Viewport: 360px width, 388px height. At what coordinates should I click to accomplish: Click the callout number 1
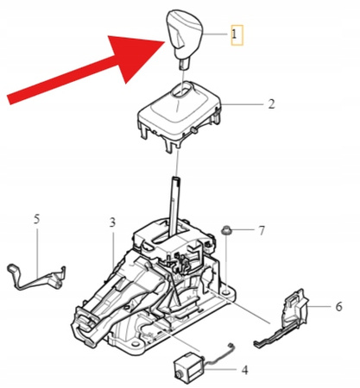(x=235, y=35)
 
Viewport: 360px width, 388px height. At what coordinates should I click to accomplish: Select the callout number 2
(x=270, y=104)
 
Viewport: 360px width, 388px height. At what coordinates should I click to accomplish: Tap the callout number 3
(x=112, y=222)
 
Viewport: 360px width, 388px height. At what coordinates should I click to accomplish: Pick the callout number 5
(x=36, y=219)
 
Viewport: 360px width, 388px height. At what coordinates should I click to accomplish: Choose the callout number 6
(x=338, y=305)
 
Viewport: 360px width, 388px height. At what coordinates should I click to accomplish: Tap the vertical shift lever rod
(x=175, y=203)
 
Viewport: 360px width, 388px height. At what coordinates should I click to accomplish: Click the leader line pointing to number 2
(x=243, y=104)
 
